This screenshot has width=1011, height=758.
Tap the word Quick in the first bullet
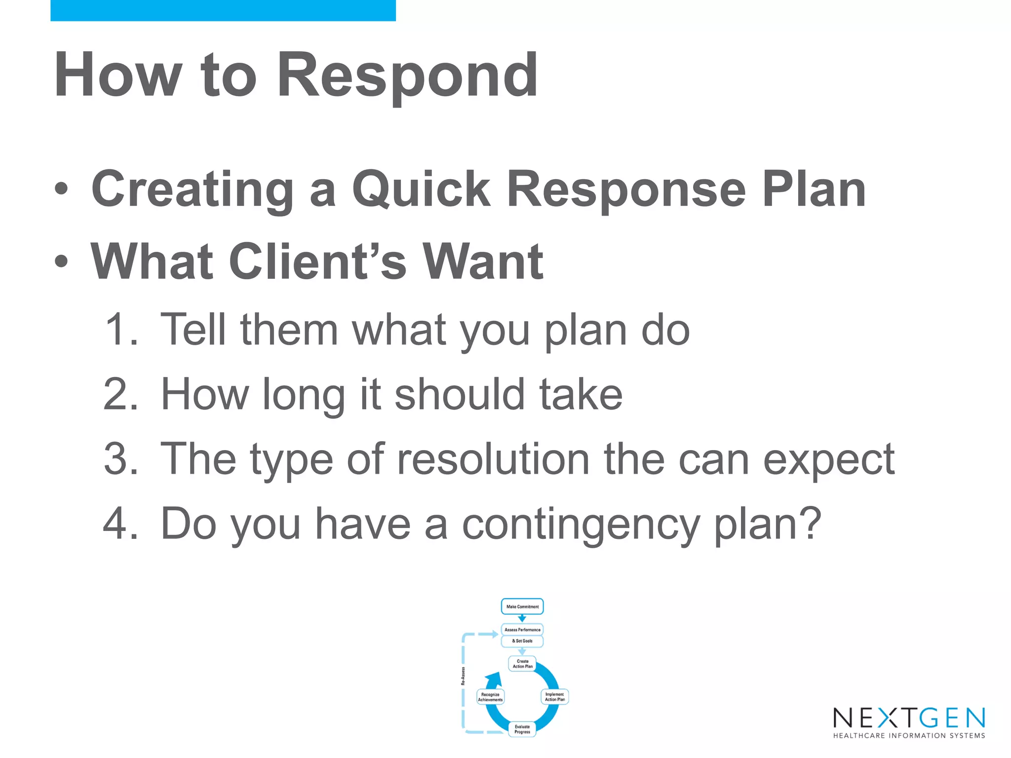pos(421,189)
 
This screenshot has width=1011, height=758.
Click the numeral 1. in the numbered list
pos(121,330)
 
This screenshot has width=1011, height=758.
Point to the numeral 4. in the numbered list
pos(120,524)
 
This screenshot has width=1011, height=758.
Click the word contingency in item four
pos(581,525)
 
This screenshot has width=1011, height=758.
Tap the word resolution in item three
pos(493,459)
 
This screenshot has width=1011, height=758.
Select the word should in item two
pos(460,394)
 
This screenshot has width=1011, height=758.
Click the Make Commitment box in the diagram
pos(522,606)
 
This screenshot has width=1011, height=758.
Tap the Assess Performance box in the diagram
pos(522,630)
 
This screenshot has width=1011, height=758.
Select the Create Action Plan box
pos(522,664)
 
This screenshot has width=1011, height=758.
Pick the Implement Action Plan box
pos(555,697)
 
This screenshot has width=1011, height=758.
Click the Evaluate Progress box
pos(522,729)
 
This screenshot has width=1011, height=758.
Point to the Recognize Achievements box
pos(490,697)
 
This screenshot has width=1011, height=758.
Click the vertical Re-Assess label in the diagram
pos(463,676)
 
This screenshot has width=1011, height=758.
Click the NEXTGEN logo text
pos(909,718)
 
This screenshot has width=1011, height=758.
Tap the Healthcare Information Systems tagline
pos(909,736)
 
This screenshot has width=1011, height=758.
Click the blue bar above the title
pos(223,10)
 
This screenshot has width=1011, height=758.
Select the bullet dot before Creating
pos(61,189)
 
